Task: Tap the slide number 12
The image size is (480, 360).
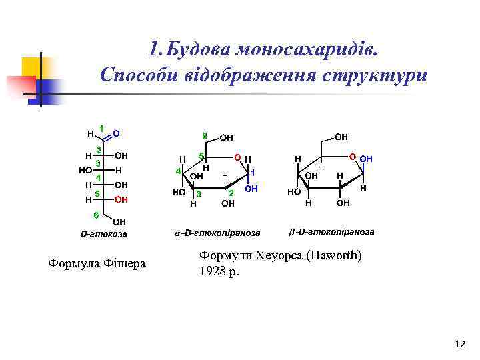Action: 459,344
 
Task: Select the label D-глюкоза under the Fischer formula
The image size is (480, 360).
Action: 103,234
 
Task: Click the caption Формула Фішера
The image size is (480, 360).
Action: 97,265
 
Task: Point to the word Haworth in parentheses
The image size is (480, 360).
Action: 338,256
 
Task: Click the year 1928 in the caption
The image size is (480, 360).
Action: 213,272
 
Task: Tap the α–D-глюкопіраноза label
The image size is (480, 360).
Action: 217,233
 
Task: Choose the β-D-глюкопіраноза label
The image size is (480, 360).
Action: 331,232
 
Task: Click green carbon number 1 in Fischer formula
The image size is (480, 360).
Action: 101,127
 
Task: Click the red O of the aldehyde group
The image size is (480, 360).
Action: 116,133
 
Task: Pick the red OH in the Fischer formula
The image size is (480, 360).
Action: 121,199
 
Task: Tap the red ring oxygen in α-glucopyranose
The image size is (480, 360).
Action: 237,157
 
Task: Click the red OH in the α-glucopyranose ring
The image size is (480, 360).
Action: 251,189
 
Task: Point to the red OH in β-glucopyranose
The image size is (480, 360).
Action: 366,159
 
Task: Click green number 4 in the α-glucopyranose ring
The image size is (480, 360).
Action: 178,171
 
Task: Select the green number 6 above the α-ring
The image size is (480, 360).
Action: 205,136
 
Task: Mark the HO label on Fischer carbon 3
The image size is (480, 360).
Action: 85,169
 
